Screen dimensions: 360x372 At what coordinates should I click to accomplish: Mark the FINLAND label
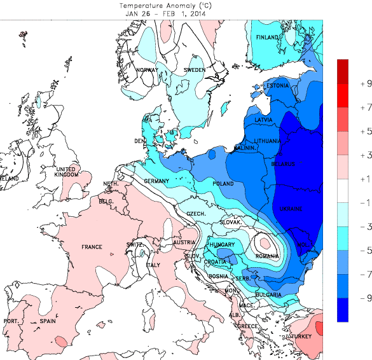(x=268, y=38)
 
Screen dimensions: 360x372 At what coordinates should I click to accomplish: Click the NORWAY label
(x=147, y=70)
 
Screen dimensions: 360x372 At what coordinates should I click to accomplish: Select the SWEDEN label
(x=194, y=70)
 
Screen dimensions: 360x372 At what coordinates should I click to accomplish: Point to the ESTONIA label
(x=278, y=86)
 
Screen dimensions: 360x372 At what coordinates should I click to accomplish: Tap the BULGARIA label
(x=270, y=294)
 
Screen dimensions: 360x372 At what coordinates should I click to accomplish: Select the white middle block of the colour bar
(x=343, y=190)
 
